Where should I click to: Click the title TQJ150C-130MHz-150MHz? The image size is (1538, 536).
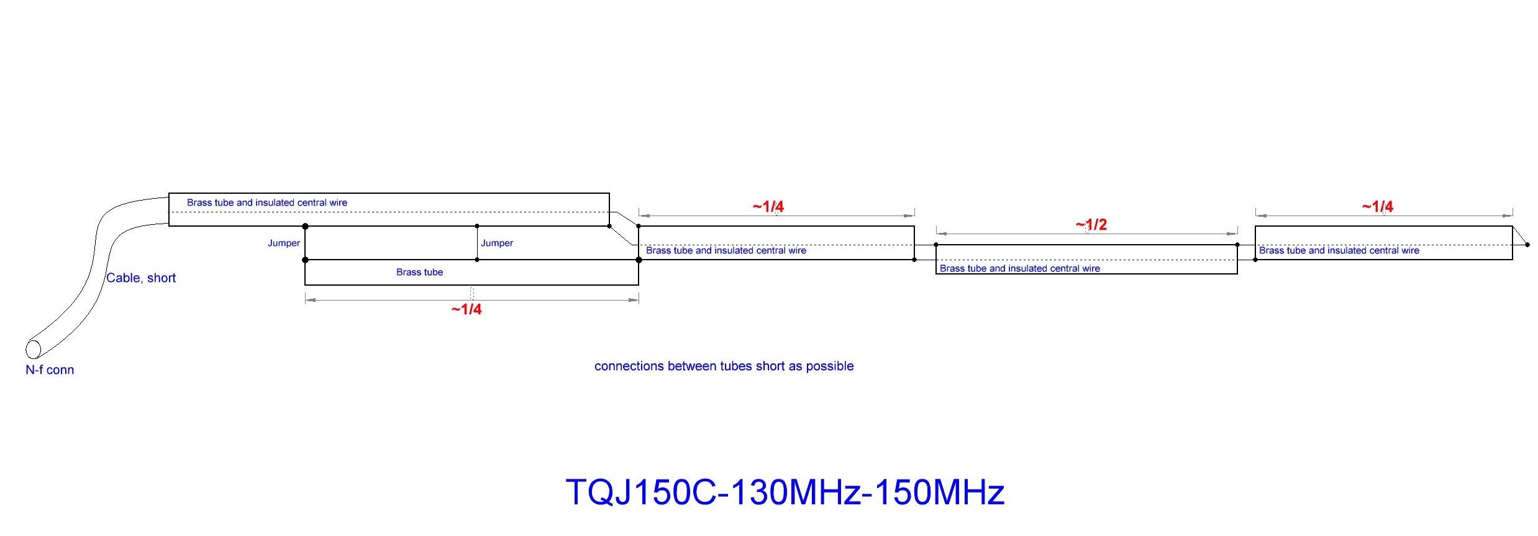pyautogui.click(x=785, y=492)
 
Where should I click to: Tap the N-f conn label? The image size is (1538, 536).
pyautogui.click(x=50, y=370)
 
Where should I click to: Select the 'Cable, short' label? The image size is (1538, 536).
pyautogui.click(x=141, y=278)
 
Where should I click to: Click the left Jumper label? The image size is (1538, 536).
pyautogui.click(x=284, y=243)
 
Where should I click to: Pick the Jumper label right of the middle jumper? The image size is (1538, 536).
pyautogui.click(x=497, y=243)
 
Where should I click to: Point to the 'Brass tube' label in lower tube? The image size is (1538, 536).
pyautogui.click(x=419, y=272)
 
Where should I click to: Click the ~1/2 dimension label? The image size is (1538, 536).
pyautogui.click(x=1091, y=224)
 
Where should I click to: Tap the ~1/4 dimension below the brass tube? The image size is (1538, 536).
pyautogui.click(x=466, y=309)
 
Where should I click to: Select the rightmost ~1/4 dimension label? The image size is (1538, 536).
pyautogui.click(x=1377, y=206)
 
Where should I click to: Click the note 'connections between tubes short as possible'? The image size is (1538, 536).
pyautogui.click(x=724, y=366)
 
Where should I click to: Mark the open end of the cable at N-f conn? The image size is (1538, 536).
pyautogui.click(x=33, y=349)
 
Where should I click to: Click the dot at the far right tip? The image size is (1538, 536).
pyautogui.click(x=1527, y=245)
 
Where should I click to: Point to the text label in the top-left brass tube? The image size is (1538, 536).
pyautogui.click(x=267, y=202)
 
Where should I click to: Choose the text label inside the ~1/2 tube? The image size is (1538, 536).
pyautogui.click(x=1019, y=268)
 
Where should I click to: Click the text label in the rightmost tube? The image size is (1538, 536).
pyautogui.click(x=1339, y=250)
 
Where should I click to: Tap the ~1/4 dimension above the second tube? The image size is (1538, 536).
pyautogui.click(x=768, y=206)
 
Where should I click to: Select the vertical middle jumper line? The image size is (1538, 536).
pyautogui.click(x=477, y=243)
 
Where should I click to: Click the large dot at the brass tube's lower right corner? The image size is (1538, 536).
pyautogui.click(x=639, y=260)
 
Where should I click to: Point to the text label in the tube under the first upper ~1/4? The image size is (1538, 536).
pyautogui.click(x=726, y=250)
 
